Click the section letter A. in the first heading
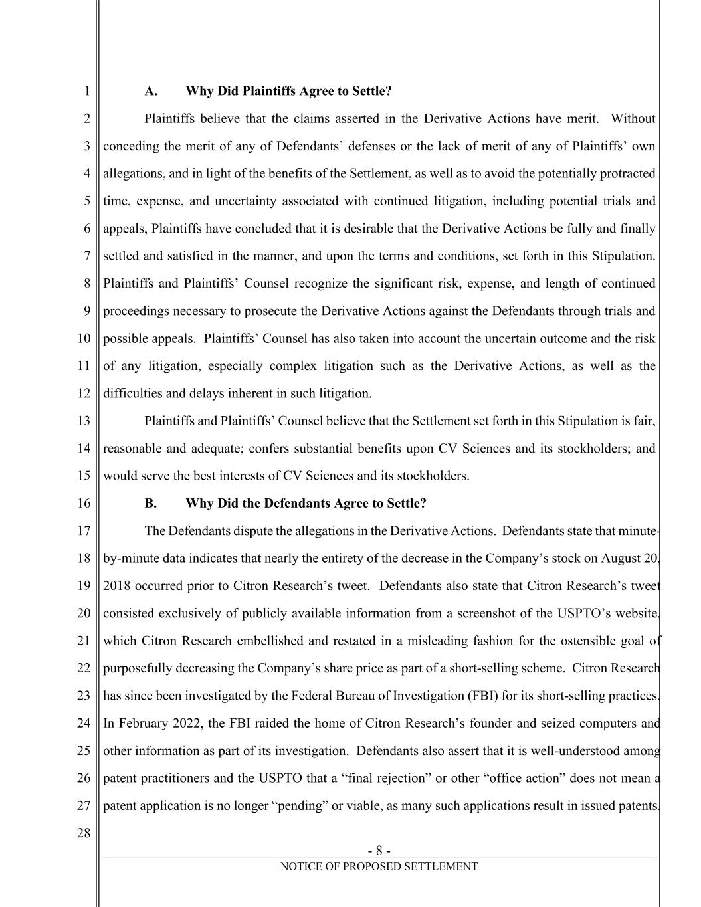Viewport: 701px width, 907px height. coord(151,91)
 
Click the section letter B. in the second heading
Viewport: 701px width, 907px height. coord(151,503)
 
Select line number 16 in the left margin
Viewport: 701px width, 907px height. coord(83,503)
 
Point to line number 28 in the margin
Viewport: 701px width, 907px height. coord(83,833)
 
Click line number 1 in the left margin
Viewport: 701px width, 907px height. coord(86,91)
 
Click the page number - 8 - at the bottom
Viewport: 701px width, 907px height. coord(379,851)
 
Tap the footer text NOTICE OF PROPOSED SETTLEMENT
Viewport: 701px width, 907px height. coord(379,866)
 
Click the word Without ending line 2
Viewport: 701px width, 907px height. coord(633,119)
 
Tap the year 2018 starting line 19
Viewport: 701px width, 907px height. coord(116,586)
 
